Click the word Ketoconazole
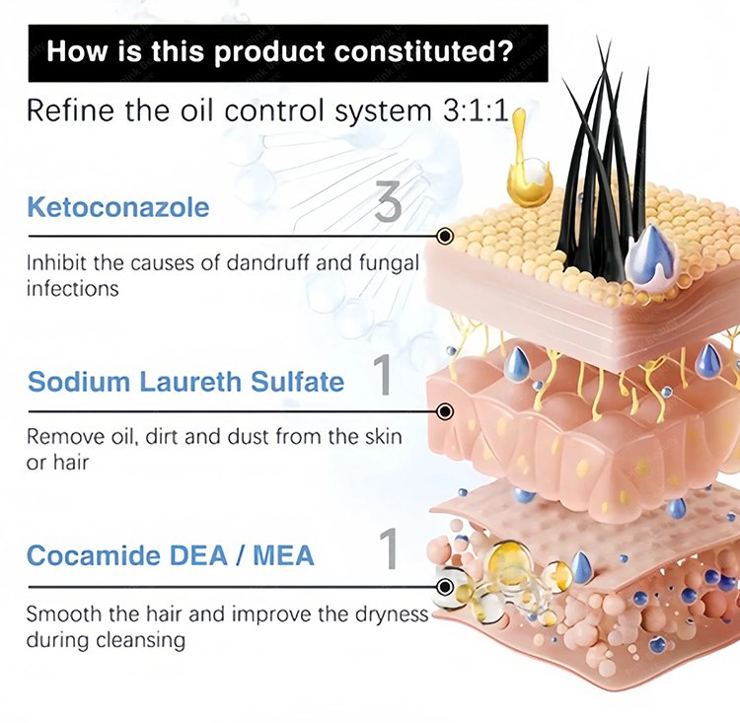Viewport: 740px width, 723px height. [x=118, y=208]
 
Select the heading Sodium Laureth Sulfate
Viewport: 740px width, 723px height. [x=186, y=381]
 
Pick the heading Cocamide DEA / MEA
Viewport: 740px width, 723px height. [x=170, y=554]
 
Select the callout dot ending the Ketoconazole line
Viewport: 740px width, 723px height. [x=445, y=237]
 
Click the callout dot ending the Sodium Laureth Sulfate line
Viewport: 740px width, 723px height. [x=445, y=410]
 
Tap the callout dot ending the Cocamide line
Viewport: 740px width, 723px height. [x=445, y=587]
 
